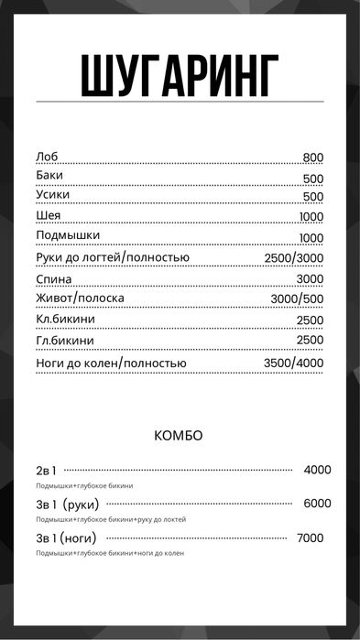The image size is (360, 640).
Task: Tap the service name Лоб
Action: pyautogui.click(x=46, y=157)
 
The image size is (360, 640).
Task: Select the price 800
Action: pyautogui.click(x=312, y=157)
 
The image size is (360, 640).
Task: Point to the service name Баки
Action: pyautogui.click(x=49, y=176)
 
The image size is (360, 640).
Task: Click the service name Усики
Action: pyautogui.click(x=52, y=196)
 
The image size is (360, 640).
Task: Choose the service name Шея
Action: pyautogui.click(x=49, y=216)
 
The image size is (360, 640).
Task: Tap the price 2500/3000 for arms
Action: pyautogui.click(x=293, y=258)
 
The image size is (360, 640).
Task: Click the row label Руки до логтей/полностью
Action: pyautogui.click(x=112, y=257)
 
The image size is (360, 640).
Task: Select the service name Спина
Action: pyautogui.click(x=52, y=278)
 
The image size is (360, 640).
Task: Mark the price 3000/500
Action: pyautogui.click(x=297, y=299)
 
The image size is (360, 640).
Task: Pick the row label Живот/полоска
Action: pyautogui.click(x=80, y=298)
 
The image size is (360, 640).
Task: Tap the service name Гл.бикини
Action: pyautogui.click(x=64, y=341)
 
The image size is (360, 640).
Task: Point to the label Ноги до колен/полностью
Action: pyautogui.click(x=111, y=363)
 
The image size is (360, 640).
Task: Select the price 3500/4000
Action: pyautogui.click(x=293, y=363)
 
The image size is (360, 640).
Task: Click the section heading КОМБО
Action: pyautogui.click(x=179, y=436)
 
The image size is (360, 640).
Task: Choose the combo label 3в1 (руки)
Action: pyautogui.click(x=67, y=504)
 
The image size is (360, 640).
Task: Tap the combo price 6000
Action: pyautogui.click(x=317, y=504)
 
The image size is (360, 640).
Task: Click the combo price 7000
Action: pyautogui.click(x=311, y=538)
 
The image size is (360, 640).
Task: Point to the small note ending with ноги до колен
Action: pyautogui.click(x=110, y=554)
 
